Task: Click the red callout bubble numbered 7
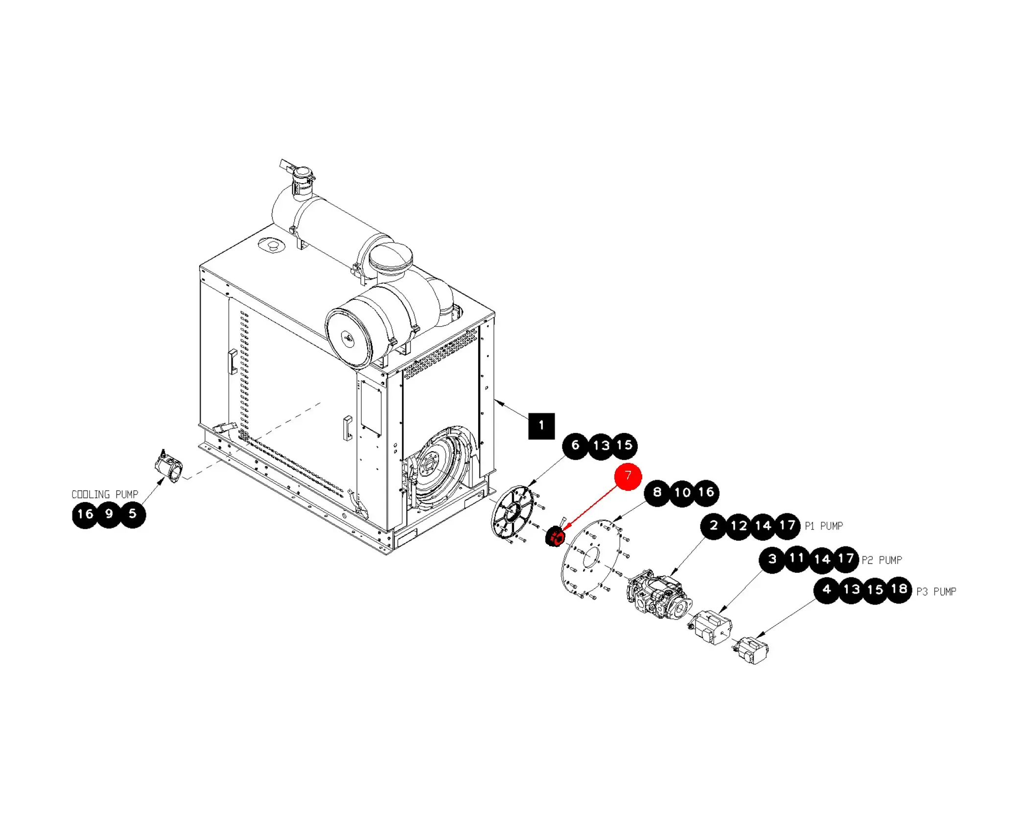coord(628,476)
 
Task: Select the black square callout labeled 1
coord(541,426)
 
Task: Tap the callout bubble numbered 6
coord(576,446)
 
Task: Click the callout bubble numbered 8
coord(657,492)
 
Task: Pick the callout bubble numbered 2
coord(714,526)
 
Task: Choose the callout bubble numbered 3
coord(772,559)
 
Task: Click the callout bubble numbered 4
coord(827,590)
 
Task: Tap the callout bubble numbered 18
coord(899,590)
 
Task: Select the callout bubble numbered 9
coord(109,514)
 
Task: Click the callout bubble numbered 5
coord(133,514)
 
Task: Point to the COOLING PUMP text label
coord(105,494)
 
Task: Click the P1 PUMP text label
coord(824,526)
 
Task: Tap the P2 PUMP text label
coord(882,560)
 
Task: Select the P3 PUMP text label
coord(936,592)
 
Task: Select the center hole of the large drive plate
coord(591,558)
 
